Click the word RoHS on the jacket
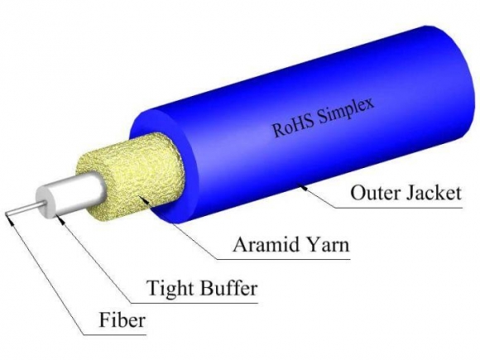tap(292, 124)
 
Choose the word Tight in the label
tap(170, 289)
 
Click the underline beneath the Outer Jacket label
tap(397, 209)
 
